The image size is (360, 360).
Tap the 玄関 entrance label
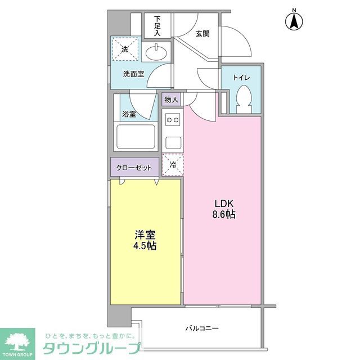202,34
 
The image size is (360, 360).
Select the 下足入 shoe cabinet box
157,26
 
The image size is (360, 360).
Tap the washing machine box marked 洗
125,48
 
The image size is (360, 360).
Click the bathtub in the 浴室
135,136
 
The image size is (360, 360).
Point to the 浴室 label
129,114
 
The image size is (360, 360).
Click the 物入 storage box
171,100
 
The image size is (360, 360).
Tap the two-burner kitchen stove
172,119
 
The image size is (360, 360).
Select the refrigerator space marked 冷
172,164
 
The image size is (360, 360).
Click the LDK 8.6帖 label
223,209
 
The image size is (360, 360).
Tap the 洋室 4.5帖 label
145,240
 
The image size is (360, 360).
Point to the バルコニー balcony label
201,328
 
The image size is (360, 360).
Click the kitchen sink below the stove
172,141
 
